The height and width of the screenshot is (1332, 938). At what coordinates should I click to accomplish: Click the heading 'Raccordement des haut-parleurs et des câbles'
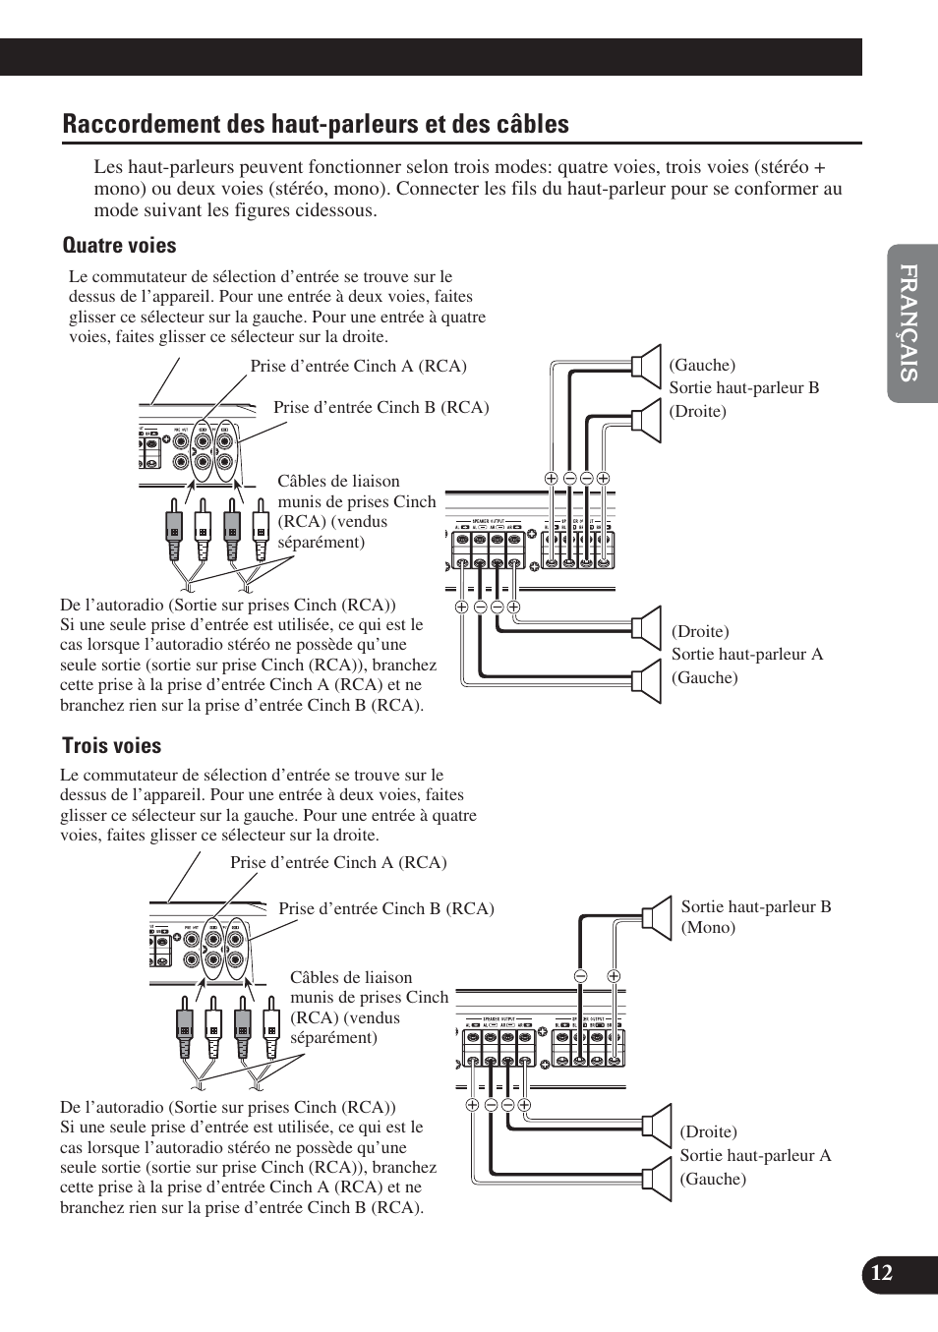pos(316,124)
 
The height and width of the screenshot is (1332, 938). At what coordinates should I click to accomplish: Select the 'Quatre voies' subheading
pos(119,245)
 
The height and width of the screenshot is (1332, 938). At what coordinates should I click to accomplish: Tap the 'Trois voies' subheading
pos(111,745)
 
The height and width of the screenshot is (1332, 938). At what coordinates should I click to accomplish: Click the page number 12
pos(882,1273)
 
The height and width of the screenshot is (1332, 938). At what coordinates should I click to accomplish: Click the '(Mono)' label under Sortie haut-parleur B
pos(708,927)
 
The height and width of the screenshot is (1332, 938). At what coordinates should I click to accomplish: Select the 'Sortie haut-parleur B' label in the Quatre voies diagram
pos(743,387)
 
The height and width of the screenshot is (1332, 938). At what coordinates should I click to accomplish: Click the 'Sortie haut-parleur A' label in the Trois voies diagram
pos(755,1155)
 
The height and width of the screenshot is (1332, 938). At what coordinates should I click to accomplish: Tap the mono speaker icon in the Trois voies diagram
pos(656,916)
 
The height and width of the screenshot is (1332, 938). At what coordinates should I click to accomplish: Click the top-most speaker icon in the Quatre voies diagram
pos(647,364)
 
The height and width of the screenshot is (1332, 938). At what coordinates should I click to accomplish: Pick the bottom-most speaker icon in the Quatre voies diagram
pos(647,681)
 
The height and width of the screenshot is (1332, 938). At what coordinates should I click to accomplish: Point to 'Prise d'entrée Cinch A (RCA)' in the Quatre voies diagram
pos(358,366)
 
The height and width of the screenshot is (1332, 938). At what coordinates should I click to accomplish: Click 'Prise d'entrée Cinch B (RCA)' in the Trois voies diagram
pos(385,908)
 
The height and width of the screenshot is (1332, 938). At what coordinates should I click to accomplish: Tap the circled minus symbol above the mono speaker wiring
pos(581,976)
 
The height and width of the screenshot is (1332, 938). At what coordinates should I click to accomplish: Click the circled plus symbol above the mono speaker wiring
pos(614,976)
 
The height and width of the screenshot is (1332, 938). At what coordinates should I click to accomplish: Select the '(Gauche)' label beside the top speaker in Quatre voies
pos(702,365)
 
